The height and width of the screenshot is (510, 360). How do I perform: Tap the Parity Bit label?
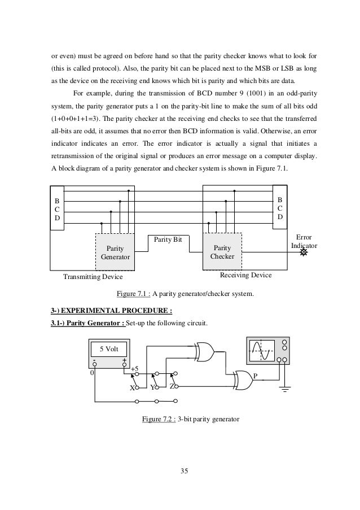point(168,239)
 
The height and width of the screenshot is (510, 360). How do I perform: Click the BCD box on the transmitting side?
point(56,210)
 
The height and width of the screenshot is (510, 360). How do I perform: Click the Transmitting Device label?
point(92,278)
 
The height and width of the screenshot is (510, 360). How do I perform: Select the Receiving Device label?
point(245,275)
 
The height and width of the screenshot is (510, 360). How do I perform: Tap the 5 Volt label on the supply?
point(108,348)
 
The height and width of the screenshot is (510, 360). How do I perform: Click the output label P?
point(255,376)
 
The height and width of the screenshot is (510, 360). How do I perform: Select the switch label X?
point(132,388)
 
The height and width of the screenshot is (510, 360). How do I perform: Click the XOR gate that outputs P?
point(243,378)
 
